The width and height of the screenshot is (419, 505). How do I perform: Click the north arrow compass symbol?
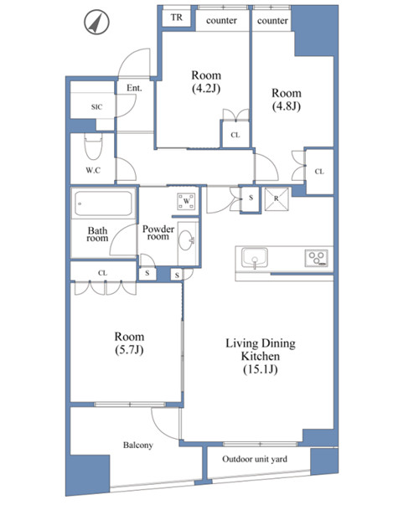(96, 23)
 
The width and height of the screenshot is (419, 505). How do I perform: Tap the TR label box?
(176, 18)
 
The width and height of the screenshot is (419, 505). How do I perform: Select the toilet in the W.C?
(94, 147)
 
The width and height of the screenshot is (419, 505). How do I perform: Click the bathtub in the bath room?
(103, 204)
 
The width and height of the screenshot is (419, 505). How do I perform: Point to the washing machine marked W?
(186, 202)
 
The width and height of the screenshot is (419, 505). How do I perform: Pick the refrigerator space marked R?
(277, 199)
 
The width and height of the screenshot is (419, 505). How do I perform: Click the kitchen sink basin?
(255, 258)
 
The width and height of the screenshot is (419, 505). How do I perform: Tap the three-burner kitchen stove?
(317, 258)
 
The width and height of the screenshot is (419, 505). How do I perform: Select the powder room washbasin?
(186, 240)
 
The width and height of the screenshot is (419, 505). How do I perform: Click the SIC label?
(96, 107)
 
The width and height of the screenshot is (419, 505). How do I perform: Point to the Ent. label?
(134, 88)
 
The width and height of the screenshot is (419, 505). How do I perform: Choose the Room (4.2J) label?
(206, 82)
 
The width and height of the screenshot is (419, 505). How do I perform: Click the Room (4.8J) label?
(287, 100)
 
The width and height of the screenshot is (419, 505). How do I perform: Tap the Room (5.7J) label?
(129, 343)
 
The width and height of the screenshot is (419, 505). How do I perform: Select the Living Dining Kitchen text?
(261, 350)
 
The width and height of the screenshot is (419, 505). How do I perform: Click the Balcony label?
(138, 445)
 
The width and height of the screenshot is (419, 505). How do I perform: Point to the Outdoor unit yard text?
(255, 459)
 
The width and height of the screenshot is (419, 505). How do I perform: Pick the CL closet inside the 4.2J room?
(235, 135)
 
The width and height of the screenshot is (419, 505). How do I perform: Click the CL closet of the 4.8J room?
(319, 172)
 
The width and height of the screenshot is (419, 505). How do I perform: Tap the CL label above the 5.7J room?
(102, 273)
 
